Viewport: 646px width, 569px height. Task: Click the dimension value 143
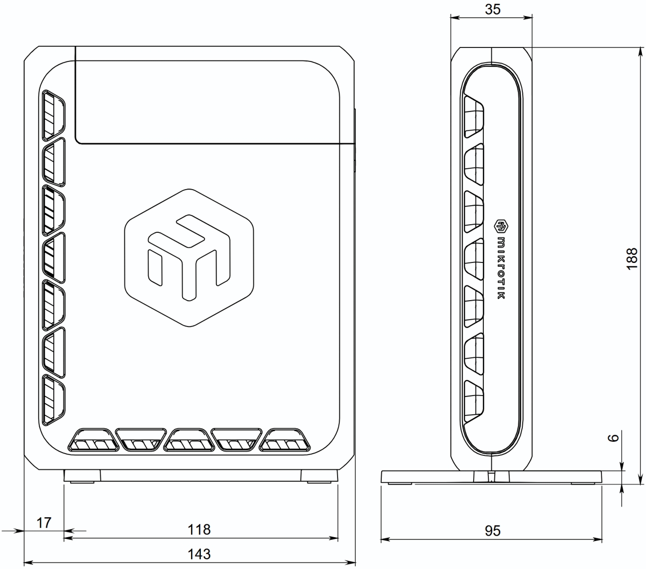(x=199, y=553)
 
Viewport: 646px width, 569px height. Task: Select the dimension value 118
(x=199, y=530)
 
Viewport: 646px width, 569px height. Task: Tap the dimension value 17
(x=44, y=523)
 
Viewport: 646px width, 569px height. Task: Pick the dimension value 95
(x=492, y=531)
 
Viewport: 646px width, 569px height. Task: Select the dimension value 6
(x=614, y=438)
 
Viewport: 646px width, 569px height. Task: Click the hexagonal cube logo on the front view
(x=189, y=258)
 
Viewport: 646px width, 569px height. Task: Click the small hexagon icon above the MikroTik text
(x=500, y=224)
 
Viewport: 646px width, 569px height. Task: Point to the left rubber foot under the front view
(x=82, y=476)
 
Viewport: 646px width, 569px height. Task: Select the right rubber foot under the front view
(x=319, y=476)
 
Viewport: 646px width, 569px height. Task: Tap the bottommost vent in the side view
(x=474, y=400)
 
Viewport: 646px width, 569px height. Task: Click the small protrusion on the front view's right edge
(x=355, y=140)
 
